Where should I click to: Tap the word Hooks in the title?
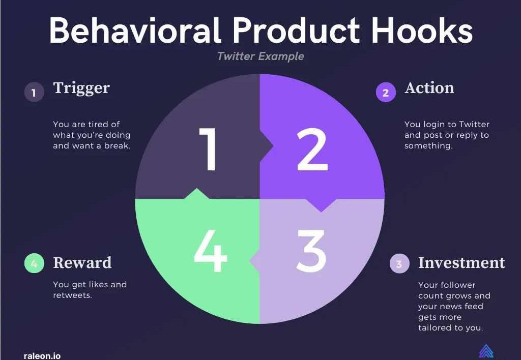pyautogui.click(x=422, y=31)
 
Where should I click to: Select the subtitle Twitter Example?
pyautogui.click(x=260, y=56)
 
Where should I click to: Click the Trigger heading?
pyautogui.click(x=81, y=88)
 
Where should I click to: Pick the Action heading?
pyautogui.click(x=429, y=88)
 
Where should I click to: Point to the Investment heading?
pyautogui.click(x=461, y=263)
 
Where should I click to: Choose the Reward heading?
pyautogui.click(x=82, y=263)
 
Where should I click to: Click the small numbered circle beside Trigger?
pyautogui.click(x=34, y=92)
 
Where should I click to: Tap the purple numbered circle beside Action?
pyautogui.click(x=386, y=92)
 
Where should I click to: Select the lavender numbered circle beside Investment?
pyautogui.click(x=399, y=263)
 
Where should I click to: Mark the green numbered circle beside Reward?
pyautogui.click(x=34, y=263)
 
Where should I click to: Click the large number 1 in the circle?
pyautogui.click(x=208, y=149)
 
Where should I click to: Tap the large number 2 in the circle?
pyautogui.click(x=312, y=149)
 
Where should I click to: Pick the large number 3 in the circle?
pyautogui.click(x=311, y=251)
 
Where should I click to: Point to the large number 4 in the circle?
pyautogui.click(x=210, y=251)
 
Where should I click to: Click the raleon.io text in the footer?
pyautogui.click(x=42, y=356)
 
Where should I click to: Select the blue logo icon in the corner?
pyautogui.click(x=486, y=352)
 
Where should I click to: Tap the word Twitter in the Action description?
pyautogui.click(x=474, y=124)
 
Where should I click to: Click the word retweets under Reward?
pyautogui.click(x=72, y=295)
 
